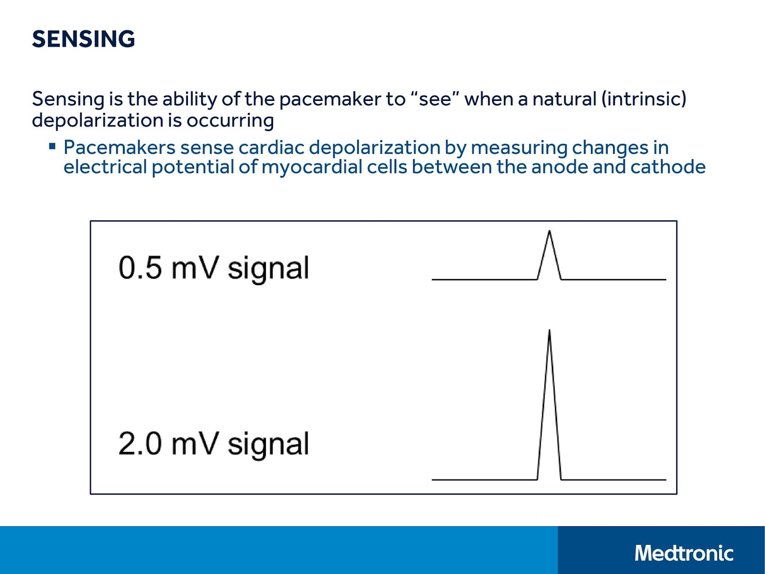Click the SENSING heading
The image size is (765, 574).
[83, 39]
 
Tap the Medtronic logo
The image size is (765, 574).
[684, 553]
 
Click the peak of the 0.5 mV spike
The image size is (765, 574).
[549, 232]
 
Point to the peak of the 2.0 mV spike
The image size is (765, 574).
[549, 331]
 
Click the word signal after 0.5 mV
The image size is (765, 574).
[268, 269]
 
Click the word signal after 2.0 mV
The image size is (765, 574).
[268, 445]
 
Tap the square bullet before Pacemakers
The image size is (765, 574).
[53, 146]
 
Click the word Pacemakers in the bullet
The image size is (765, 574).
[120, 147]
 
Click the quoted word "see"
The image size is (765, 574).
[435, 99]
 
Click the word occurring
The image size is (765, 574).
[230, 121]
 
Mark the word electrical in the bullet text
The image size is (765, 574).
[105, 167]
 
